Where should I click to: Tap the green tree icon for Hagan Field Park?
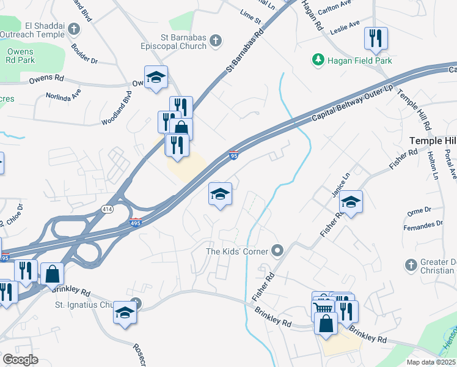(x=318, y=59)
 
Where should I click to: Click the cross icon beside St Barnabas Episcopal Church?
(x=214, y=41)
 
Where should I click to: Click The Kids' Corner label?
(x=237, y=250)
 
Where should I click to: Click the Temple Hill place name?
(x=433, y=141)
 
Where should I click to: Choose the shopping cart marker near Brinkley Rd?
(x=323, y=306)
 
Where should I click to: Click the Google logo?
(x=20, y=360)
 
